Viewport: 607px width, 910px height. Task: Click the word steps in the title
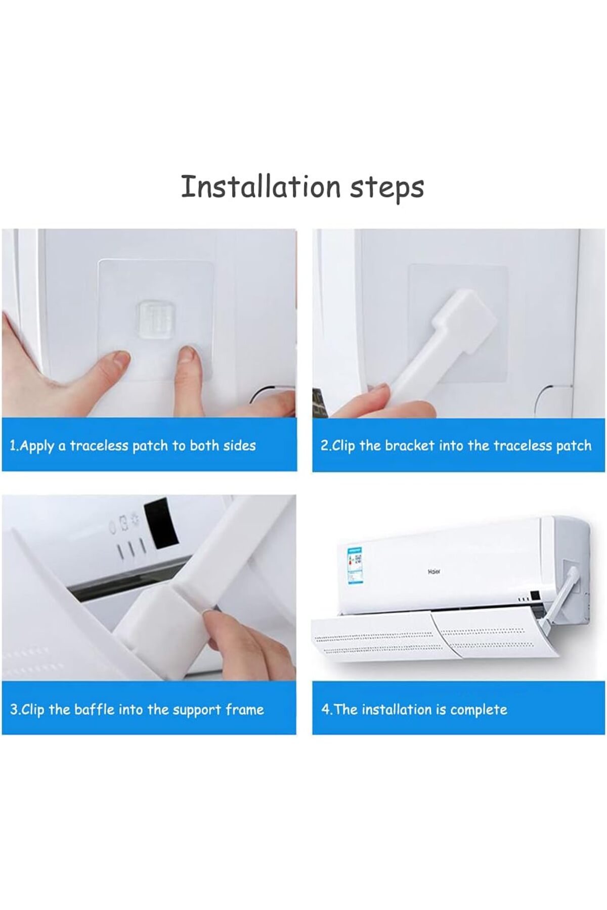(x=387, y=188)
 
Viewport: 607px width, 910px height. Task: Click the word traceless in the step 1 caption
(x=99, y=445)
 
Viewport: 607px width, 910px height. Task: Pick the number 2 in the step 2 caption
(x=324, y=445)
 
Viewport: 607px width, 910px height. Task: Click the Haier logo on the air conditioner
(x=434, y=572)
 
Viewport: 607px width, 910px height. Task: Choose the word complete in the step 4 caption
(x=479, y=710)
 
